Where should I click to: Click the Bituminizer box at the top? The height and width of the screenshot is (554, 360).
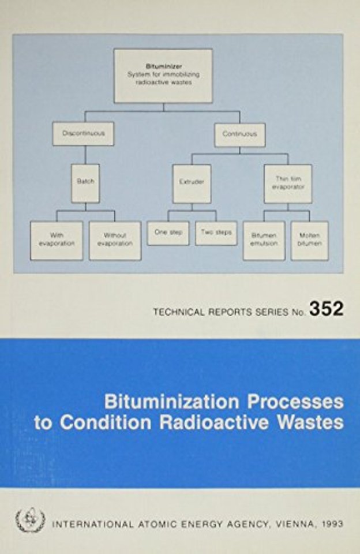pos(163,76)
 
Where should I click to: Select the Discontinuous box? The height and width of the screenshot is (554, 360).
pos(84,133)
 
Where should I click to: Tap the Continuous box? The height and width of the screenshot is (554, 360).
pos(240,134)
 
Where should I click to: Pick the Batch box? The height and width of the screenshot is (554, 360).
pos(85,183)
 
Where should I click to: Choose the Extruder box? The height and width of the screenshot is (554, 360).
pos(192,184)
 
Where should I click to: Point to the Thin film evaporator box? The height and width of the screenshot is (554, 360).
pos(288,184)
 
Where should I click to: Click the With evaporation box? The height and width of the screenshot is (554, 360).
pos(57,241)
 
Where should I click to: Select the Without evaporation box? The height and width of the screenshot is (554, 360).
pos(115,241)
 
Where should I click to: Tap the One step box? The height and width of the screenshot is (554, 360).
pos(168,233)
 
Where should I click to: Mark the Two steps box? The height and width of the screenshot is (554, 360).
pos(216,233)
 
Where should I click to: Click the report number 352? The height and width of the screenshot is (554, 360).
pos(327,309)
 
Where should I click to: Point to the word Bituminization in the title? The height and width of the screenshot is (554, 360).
pos(171,402)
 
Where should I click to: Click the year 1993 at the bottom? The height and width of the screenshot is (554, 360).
pos(332,523)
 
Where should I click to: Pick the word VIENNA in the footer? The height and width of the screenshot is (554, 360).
pos(294,524)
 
